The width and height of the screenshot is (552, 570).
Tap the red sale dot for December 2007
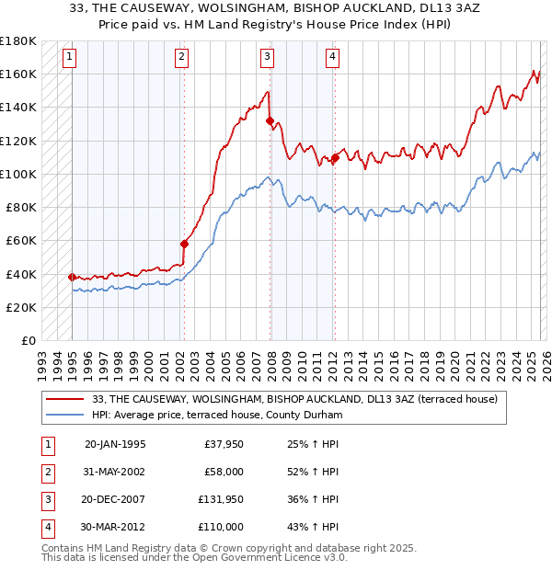tap(270, 120)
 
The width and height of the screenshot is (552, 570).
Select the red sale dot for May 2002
tap(184, 244)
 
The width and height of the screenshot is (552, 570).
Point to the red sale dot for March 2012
tap(335, 157)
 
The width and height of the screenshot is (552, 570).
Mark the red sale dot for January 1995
tap(72, 277)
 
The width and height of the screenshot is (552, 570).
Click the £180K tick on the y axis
tap(18, 40)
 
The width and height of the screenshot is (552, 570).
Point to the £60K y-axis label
tap(21, 241)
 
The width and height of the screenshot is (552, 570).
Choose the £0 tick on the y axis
tap(28, 341)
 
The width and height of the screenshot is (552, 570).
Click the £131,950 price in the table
tap(221, 500)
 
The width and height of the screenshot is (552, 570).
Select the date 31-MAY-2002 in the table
tap(114, 472)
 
